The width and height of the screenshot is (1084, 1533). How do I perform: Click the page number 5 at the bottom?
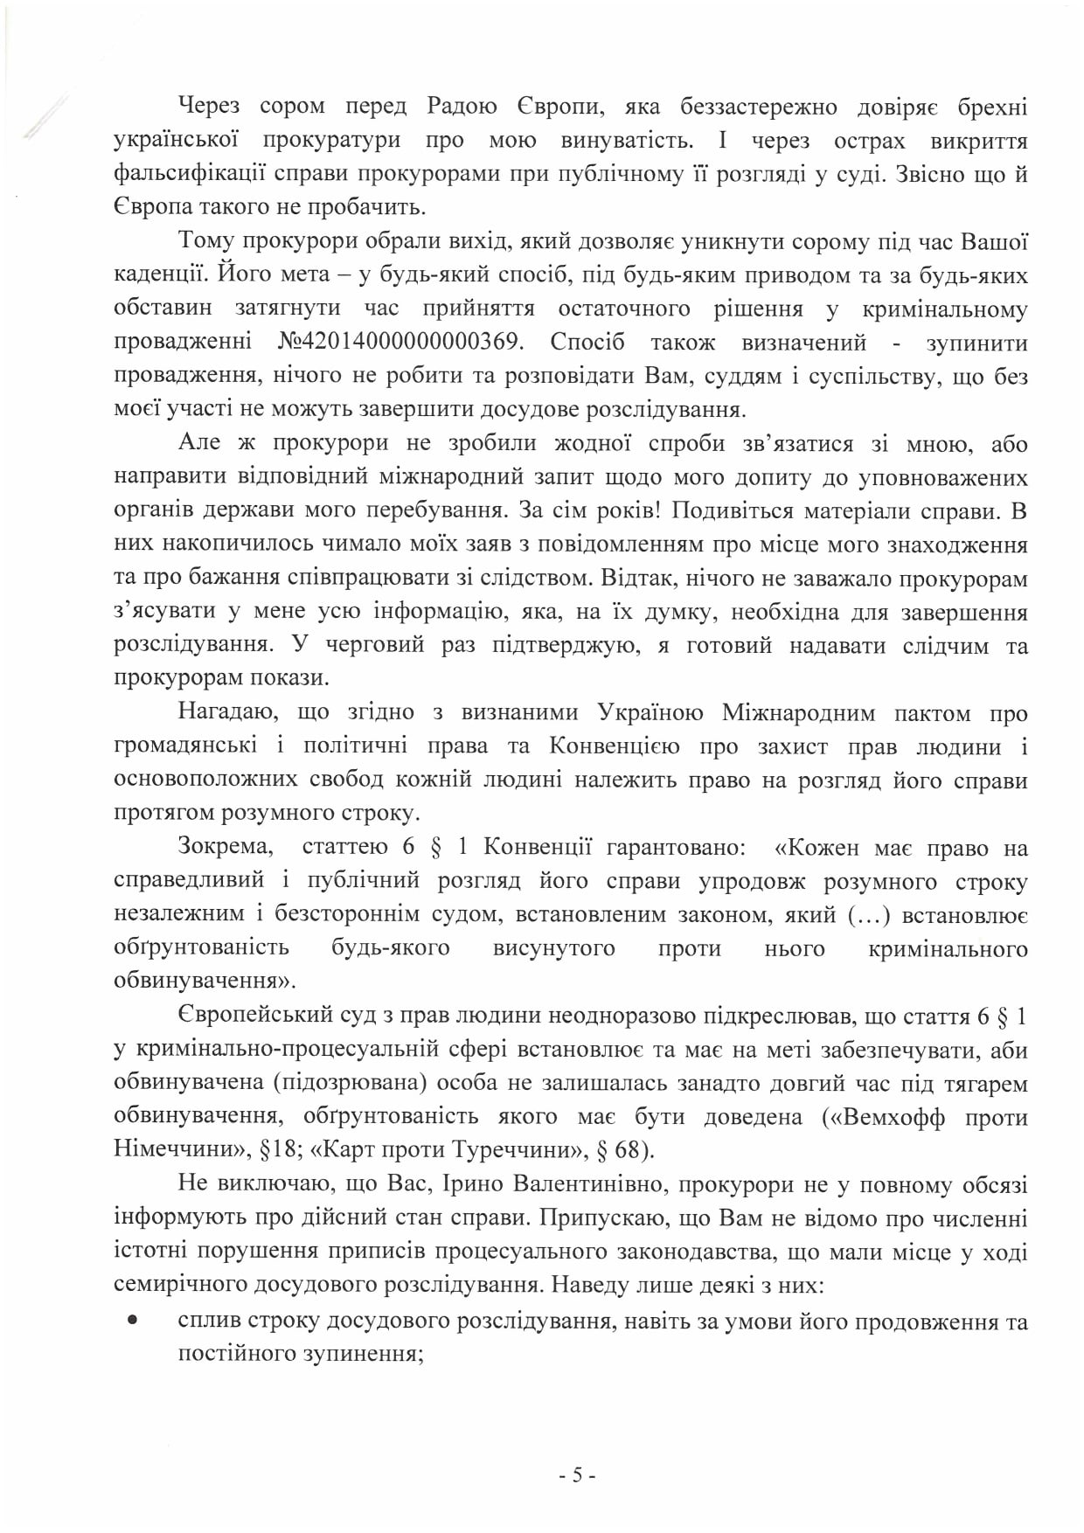pos(577,1476)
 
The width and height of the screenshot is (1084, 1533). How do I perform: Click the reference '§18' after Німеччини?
pos(279,1149)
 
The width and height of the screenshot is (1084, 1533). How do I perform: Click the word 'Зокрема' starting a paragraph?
pos(225,847)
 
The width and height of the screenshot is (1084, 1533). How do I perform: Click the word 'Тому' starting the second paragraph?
pos(206,241)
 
